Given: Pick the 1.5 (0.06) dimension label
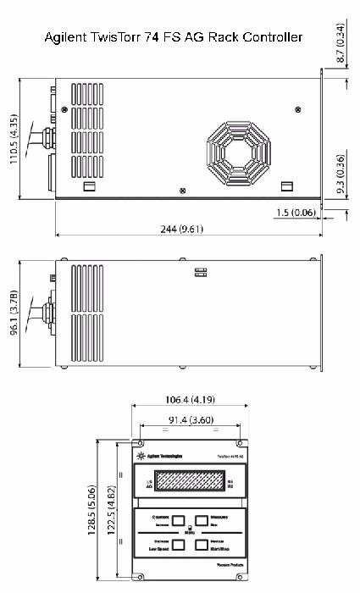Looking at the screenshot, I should pyautogui.click(x=297, y=212).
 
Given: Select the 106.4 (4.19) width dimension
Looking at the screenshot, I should pyautogui.click(x=188, y=400).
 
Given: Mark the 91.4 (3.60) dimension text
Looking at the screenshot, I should pyautogui.click(x=188, y=419).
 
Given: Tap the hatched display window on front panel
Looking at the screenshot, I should pyautogui.click(x=189, y=484).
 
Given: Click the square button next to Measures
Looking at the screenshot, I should pyautogui.click(x=202, y=520).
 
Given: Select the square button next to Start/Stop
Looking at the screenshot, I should pyautogui.click(x=202, y=546).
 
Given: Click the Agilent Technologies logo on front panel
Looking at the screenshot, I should pyautogui.click(x=152, y=456).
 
